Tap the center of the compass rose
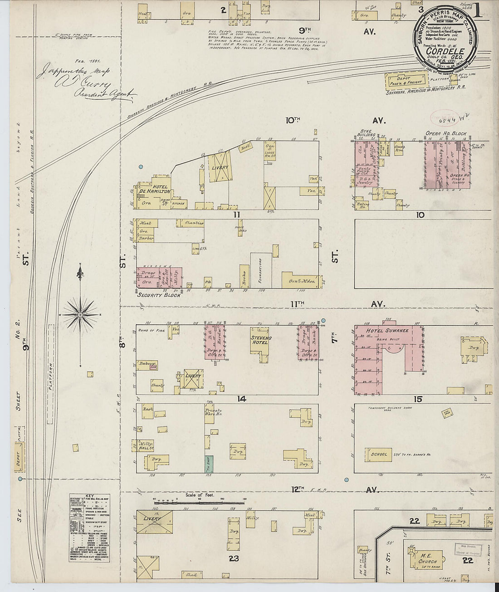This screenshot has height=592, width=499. point(80,314)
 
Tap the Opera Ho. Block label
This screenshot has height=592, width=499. point(446,134)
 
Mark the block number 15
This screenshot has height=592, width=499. point(418,399)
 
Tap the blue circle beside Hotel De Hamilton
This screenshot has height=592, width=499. point(141,167)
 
